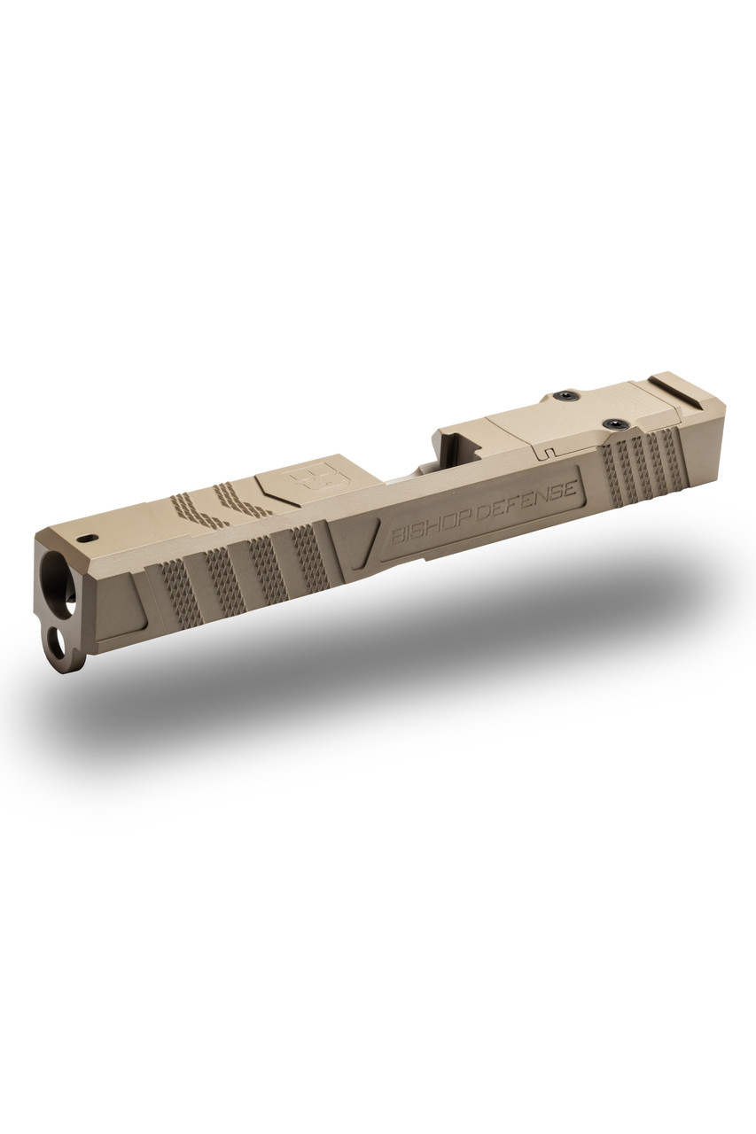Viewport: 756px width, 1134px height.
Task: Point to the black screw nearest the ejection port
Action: [x=563, y=395]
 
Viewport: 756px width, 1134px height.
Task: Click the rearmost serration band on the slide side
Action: [x=674, y=455]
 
